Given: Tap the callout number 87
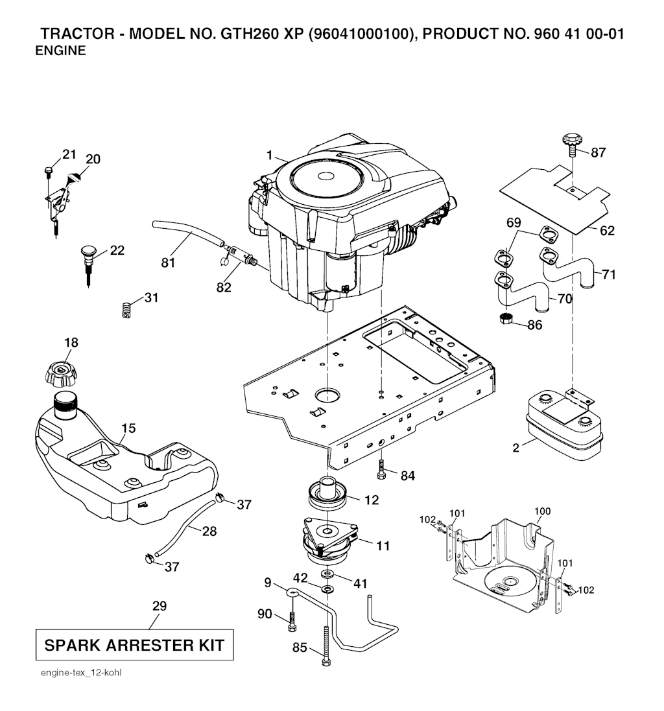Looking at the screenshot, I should coord(599,153).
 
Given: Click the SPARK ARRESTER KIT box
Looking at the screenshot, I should coord(134,645).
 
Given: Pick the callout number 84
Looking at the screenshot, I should coord(407,476).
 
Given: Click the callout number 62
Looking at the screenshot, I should coord(607,231).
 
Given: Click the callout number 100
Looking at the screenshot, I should coord(542,511).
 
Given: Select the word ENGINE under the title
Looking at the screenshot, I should coord(60,51).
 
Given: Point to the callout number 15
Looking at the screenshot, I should coord(128,428).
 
